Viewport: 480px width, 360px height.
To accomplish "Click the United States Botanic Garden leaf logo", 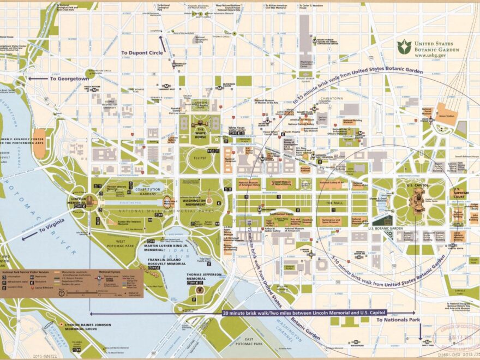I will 404,46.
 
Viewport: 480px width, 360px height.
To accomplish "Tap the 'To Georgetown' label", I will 69,79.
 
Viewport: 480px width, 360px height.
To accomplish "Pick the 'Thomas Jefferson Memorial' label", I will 205,277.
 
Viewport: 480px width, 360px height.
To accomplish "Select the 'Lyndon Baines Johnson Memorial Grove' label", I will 84,327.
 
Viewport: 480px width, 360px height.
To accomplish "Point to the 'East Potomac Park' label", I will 247,345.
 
